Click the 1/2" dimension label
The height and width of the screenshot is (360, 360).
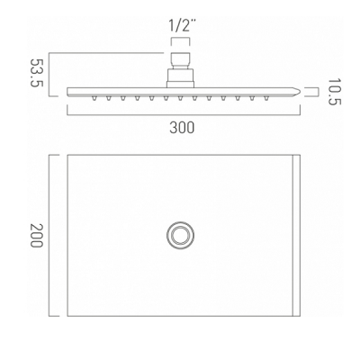180,26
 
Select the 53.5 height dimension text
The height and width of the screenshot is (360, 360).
37,73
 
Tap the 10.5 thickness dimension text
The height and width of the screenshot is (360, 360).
334,92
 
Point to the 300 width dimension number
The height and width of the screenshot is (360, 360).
182,128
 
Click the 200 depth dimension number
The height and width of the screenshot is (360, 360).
37,235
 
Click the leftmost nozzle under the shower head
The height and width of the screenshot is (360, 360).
94,98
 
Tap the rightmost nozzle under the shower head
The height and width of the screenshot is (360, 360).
265,98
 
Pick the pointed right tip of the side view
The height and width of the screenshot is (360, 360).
300,91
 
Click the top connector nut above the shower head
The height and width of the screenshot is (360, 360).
180,60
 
